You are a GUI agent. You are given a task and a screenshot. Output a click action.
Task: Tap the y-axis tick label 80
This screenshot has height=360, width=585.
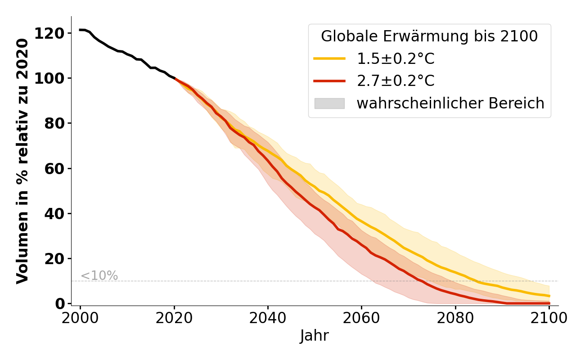point(55,123)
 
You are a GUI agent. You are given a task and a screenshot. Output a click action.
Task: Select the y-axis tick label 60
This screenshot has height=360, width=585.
point(55,169)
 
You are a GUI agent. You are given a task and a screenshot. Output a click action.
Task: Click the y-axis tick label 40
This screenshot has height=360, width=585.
point(55,214)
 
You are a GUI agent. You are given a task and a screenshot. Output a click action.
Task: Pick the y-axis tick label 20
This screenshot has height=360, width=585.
point(55,259)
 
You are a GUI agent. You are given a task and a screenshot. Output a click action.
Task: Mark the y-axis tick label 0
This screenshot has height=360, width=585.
point(60,304)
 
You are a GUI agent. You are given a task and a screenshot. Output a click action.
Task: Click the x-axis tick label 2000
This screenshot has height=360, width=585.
point(80,318)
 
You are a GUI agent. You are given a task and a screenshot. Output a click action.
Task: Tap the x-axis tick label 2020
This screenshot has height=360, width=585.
point(174,318)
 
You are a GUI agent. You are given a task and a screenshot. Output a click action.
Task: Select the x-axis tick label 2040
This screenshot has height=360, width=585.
point(268,318)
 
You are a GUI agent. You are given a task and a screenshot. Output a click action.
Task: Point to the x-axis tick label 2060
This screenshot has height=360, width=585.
point(361,318)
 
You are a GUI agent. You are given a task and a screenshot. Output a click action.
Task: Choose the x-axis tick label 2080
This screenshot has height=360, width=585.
point(455,318)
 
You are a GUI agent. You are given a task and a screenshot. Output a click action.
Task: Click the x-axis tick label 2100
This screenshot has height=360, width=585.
point(549,318)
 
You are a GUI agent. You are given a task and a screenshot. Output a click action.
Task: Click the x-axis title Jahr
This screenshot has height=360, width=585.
point(314,336)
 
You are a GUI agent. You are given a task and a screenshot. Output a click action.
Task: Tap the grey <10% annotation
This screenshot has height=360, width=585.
point(99,276)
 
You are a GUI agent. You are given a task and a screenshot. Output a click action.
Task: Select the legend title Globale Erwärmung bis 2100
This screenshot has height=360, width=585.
point(429,36)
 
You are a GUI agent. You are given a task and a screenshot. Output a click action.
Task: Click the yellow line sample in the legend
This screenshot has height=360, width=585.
point(329,58)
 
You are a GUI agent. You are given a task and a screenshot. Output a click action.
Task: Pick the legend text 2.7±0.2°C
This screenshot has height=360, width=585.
point(396,81)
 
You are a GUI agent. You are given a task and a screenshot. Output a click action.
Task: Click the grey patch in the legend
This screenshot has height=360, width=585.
point(329,103)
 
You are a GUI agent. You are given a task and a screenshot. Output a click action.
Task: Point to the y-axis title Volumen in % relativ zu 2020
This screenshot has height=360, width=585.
point(22,161)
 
